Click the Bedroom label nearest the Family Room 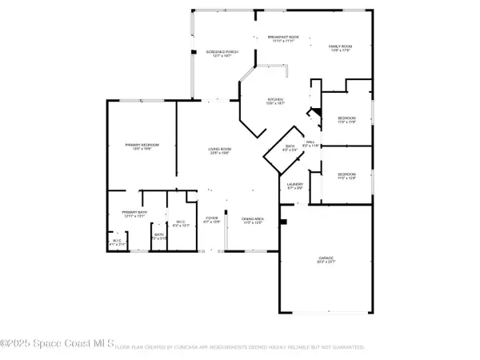[x=346, y=119]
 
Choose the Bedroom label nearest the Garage [x=346, y=175]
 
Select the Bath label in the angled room [x=290, y=148]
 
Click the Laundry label [x=294, y=186]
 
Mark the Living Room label [x=220, y=151]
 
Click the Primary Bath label [x=131, y=214]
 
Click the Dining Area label [x=253, y=221]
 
